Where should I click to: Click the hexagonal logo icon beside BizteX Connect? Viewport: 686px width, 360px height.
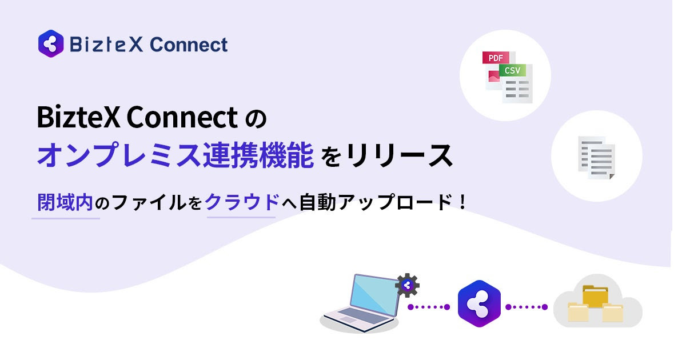pos(50,44)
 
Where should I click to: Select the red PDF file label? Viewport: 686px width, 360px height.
pos(495,58)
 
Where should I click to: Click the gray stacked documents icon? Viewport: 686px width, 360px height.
pos(596,157)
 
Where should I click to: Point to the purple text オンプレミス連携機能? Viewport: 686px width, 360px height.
pos(175,156)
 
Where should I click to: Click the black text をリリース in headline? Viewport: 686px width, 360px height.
pos(388,156)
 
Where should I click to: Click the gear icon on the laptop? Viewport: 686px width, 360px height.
pos(407,285)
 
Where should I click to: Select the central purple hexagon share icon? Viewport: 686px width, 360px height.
pos(479,305)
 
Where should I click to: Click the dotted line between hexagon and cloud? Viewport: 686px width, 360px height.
pos(526,307)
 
